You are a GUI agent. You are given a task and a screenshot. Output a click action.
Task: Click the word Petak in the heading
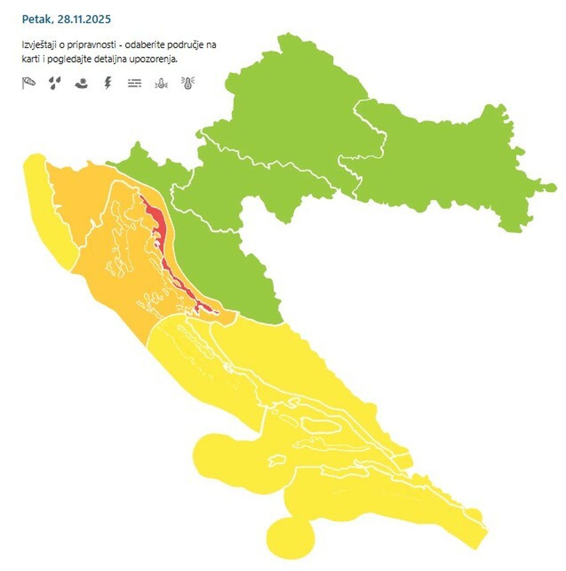tap(35, 19)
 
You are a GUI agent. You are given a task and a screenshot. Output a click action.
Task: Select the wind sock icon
tap(29, 83)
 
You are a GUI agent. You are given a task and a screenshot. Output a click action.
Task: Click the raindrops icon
tap(54, 83)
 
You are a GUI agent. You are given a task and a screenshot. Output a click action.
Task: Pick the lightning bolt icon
tap(108, 83)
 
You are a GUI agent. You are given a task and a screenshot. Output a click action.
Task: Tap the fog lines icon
tap(134, 83)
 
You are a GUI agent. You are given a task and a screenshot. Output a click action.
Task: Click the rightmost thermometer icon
tap(188, 83)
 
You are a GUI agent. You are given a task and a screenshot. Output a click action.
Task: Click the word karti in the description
tap(30, 59)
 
